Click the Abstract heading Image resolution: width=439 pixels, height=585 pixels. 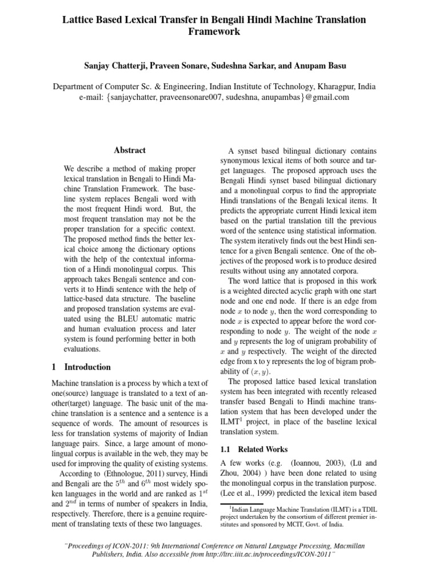click(x=130, y=150)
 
